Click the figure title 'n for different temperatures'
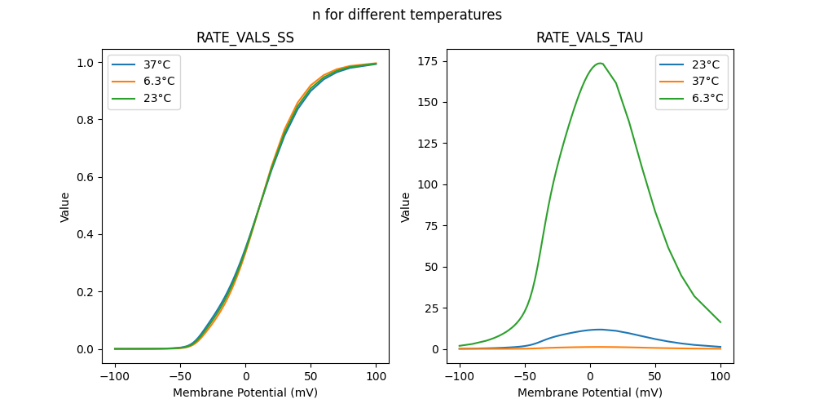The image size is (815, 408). click(x=407, y=15)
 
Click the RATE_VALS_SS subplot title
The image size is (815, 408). click(x=245, y=38)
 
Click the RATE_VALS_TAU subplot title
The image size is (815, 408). click(x=589, y=38)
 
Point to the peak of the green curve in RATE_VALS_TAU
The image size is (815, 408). click(x=600, y=63)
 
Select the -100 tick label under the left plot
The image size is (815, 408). click(x=115, y=377)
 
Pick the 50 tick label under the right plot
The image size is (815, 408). click(x=655, y=377)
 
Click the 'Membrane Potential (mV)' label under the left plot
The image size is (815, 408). click(x=245, y=392)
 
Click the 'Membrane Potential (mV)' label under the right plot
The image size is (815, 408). click(x=589, y=392)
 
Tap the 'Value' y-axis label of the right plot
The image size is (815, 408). click(x=406, y=207)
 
